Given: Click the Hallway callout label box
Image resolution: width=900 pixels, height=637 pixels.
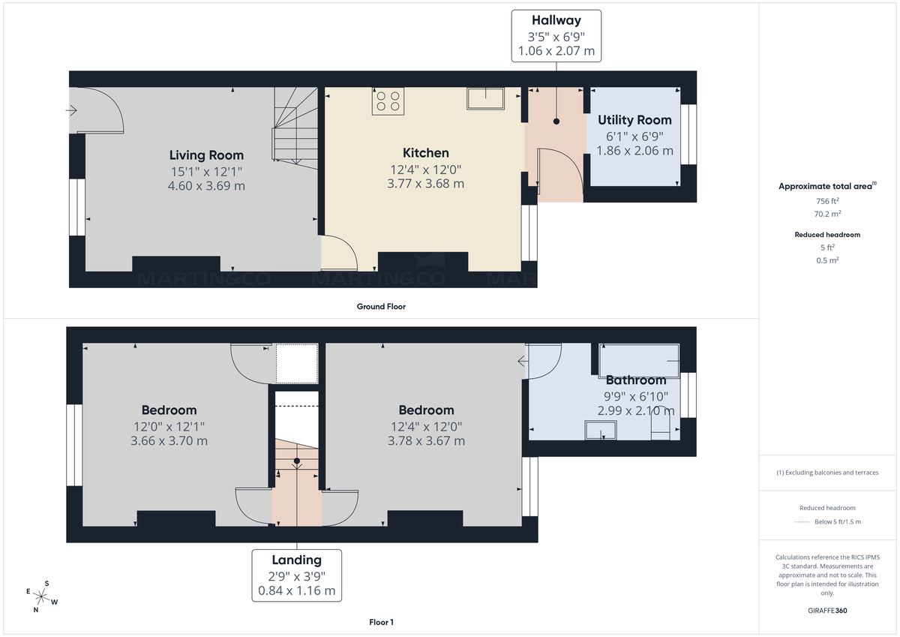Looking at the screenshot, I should tap(556, 36).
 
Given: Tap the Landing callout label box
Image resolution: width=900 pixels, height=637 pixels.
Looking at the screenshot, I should tap(296, 575).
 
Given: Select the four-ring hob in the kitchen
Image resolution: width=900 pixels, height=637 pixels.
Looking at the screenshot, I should tap(388, 101).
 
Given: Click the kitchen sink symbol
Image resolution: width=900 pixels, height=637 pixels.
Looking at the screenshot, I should tap(486, 98).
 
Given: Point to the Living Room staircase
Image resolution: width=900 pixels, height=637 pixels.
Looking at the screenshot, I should tap(295, 126).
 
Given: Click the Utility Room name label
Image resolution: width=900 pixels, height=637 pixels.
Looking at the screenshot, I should tap(634, 120).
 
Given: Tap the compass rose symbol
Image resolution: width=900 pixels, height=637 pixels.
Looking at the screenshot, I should tap(43, 596).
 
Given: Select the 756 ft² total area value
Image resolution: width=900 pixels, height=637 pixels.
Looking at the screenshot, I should tap(828, 201).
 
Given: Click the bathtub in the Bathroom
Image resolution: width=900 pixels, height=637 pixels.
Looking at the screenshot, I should tap(639, 360).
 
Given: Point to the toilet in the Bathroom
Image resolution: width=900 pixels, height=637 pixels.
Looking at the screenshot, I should tap(661, 424).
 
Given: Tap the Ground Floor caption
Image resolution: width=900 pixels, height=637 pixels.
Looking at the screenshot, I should tap(381, 306).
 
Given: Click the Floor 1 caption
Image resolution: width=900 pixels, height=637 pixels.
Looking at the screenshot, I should tap(381, 622).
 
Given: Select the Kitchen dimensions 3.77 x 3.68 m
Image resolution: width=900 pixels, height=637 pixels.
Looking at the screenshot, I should tap(425, 184).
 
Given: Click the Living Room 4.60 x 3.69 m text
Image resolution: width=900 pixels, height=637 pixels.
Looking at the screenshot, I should tap(206, 186).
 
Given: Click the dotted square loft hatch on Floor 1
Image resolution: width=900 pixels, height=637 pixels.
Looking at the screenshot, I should tap(297, 363).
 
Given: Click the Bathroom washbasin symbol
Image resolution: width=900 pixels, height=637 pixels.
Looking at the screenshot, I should tap(601, 429).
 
